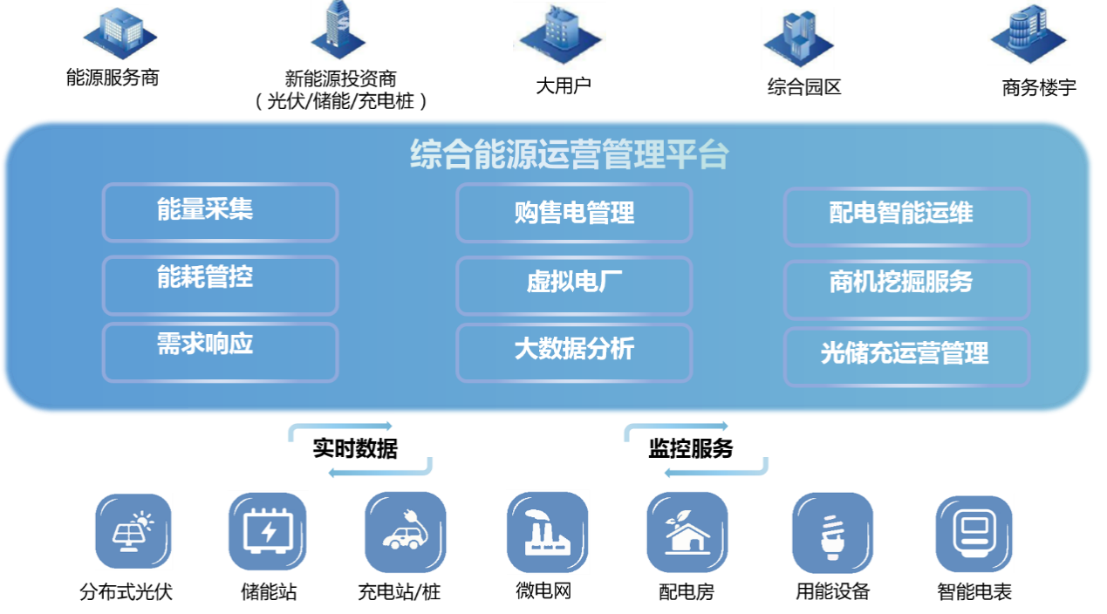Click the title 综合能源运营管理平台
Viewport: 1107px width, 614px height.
coord(569,155)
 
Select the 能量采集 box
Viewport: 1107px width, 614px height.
coord(220,212)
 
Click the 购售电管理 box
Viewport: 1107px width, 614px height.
coord(573,213)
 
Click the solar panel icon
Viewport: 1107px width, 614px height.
coord(133,531)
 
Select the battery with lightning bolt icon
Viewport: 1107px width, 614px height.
coord(269,530)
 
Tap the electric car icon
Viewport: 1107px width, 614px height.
coord(405,531)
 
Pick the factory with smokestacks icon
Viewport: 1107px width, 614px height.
coord(548,532)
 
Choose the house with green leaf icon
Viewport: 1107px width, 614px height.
coord(687,532)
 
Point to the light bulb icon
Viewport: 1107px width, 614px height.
coord(833,533)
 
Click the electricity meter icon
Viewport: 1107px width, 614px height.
coord(974,533)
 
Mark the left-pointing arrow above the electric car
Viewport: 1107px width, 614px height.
coord(380,472)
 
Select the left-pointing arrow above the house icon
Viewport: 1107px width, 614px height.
coord(715,472)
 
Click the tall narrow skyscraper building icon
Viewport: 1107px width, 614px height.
coord(338,31)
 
